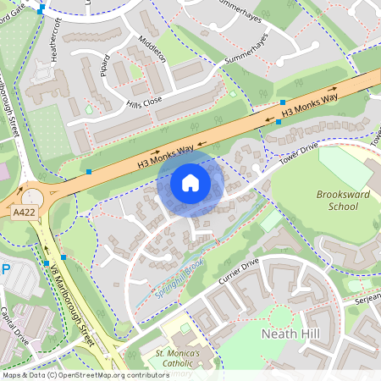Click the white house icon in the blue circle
coord(190,183)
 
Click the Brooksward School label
coord(342,200)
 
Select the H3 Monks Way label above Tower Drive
coord(310,105)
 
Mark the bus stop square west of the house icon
coord(89,172)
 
